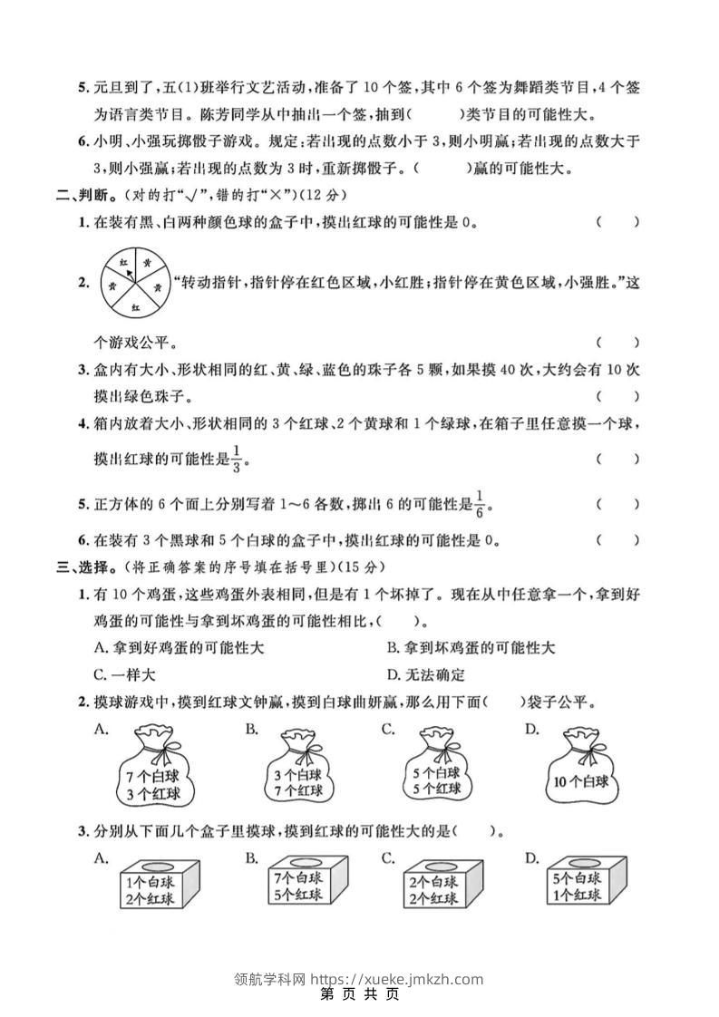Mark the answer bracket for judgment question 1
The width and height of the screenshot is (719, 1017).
pyautogui.click(x=617, y=221)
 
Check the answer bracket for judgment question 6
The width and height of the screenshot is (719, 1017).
pyautogui.click(x=617, y=540)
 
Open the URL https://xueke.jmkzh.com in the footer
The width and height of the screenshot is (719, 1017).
pyautogui.click(x=396, y=978)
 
